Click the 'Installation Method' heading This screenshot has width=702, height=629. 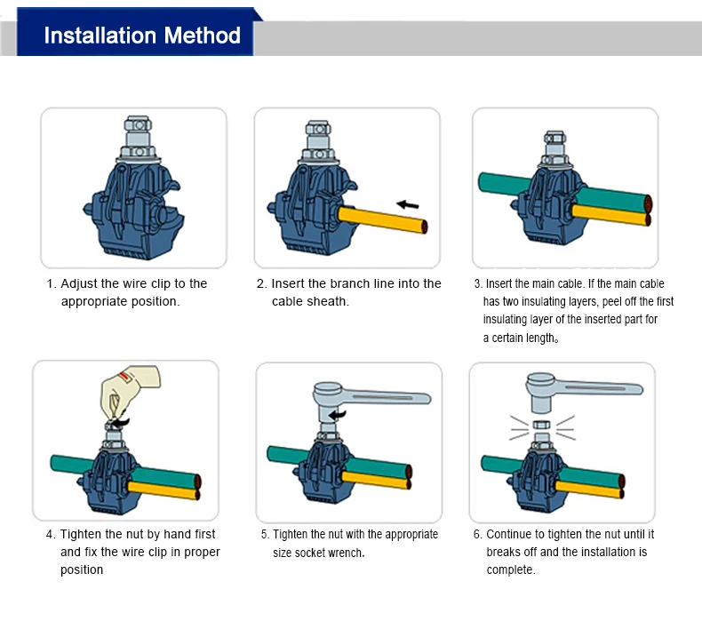(142, 36)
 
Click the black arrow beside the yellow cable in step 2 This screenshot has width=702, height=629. (407, 204)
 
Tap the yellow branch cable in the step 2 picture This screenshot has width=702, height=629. (383, 219)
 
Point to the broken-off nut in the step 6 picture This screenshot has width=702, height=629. (542, 425)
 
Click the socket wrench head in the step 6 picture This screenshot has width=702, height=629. (541, 393)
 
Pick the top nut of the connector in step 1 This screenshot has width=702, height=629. (138, 124)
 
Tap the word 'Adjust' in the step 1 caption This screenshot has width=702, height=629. (78, 283)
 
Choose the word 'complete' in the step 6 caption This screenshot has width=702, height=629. (509, 569)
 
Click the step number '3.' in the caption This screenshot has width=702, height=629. (478, 283)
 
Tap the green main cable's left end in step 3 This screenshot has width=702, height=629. (481, 182)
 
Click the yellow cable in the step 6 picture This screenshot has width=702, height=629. (589, 489)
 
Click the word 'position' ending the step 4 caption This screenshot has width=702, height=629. (82, 569)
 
